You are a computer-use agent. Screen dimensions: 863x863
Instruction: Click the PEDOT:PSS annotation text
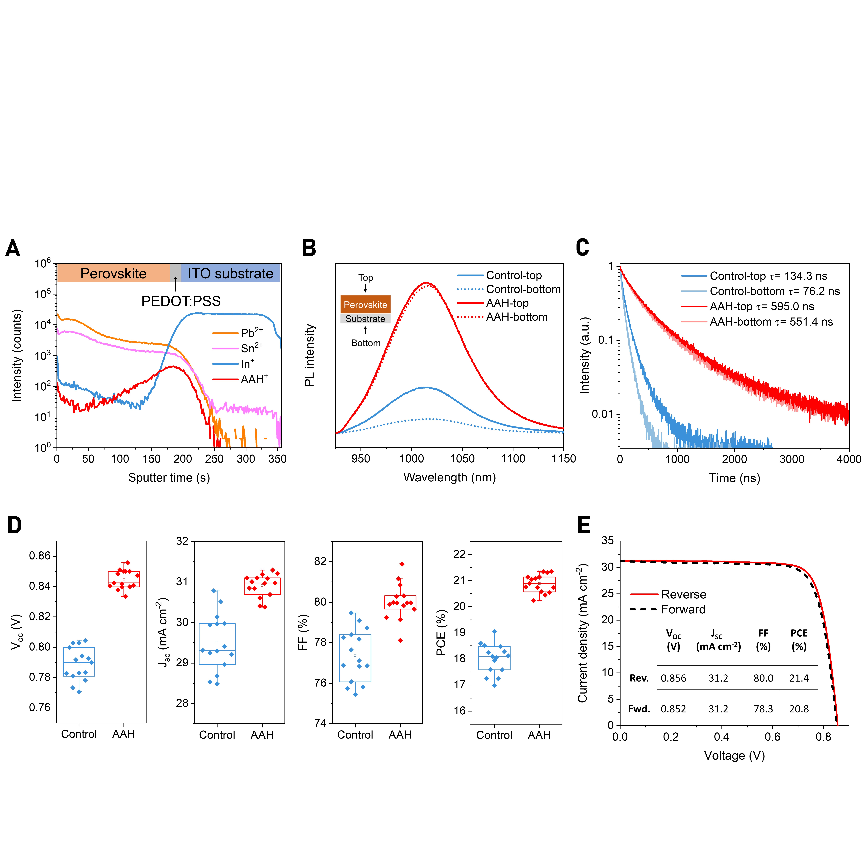pos(181,301)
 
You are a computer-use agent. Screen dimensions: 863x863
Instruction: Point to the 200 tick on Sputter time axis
pos(183,459)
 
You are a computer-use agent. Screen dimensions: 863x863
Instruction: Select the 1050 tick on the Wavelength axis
pos(462,459)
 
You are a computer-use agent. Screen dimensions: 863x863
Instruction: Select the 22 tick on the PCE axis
pos(460,554)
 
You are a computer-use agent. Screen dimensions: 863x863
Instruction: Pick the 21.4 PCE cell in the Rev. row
pos(799,678)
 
